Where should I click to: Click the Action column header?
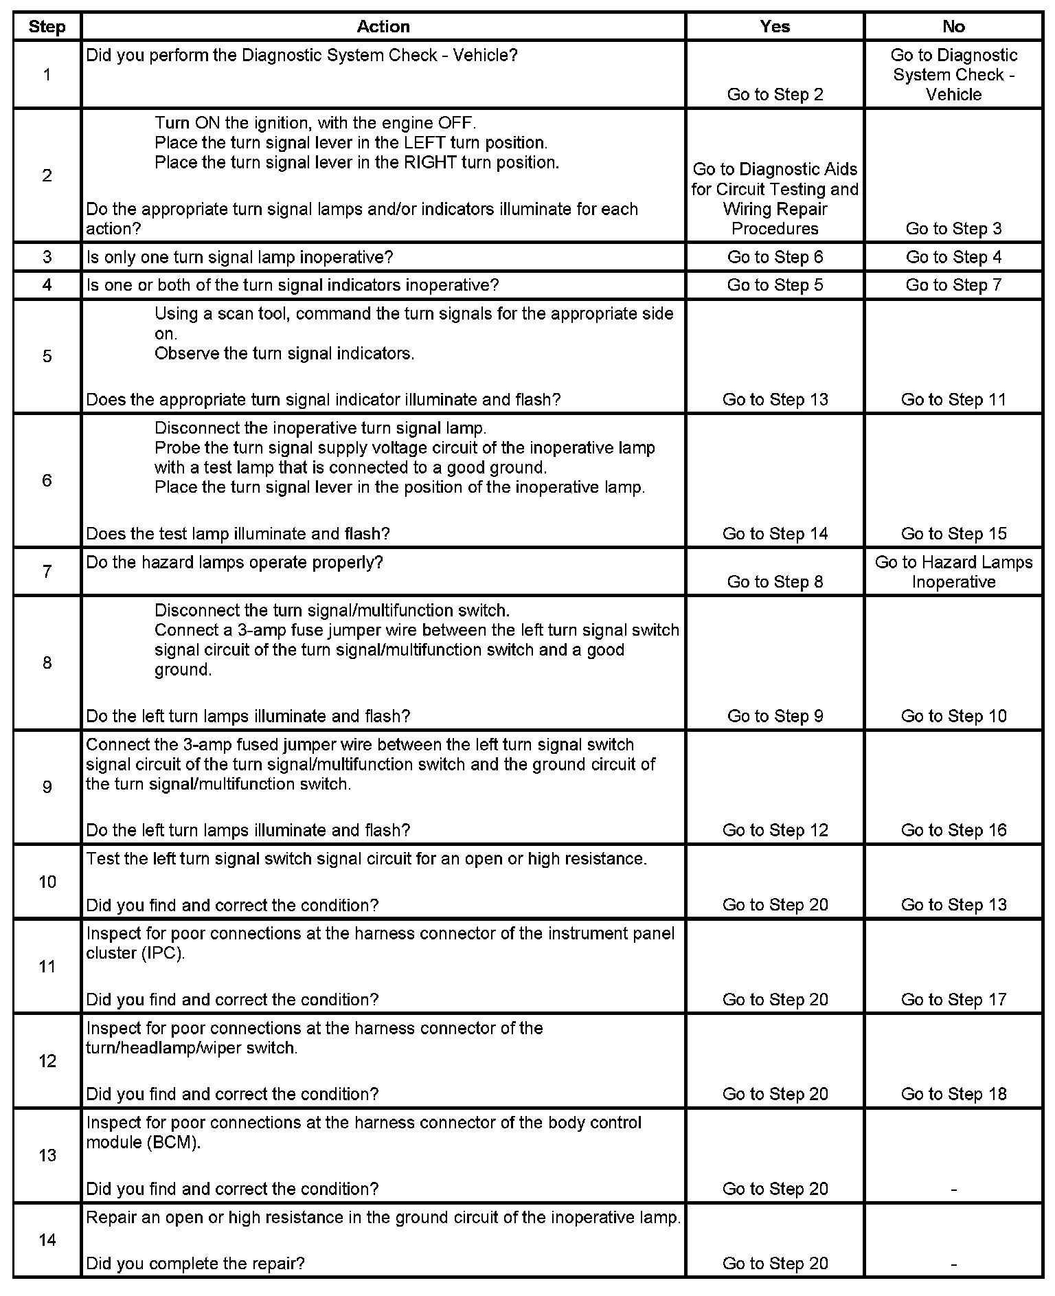383,27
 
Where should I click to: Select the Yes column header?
775,27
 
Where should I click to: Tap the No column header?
953,27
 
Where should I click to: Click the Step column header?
47,27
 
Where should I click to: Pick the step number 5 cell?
47,356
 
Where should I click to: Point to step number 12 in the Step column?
47,1061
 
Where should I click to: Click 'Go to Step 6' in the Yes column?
775,257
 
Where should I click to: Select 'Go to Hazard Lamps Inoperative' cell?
953,572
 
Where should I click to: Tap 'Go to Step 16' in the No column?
953,830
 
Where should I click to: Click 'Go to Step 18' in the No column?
953,1094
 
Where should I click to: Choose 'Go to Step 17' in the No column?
953,999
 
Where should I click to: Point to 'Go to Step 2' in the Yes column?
775,94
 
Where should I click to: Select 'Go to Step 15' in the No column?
953,534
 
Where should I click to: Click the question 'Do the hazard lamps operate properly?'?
234,562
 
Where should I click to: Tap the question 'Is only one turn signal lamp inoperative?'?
239,257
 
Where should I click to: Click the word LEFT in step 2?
424,143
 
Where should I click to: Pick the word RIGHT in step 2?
430,163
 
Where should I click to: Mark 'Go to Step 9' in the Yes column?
775,716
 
